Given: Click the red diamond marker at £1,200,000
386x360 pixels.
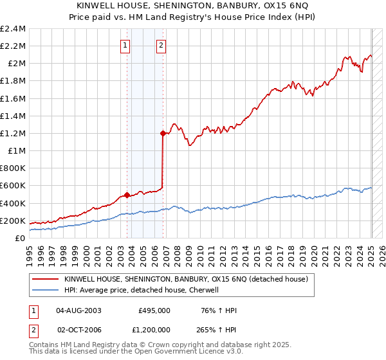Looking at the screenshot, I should (x=163, y=134).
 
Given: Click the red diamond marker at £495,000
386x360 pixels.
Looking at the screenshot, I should (x=127, y=195).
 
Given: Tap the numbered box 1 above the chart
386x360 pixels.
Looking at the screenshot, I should (x=124, y=45).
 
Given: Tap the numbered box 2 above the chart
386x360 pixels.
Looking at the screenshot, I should (x=160, y=45).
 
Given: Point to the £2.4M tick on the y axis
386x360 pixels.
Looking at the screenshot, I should (x=13, y=29).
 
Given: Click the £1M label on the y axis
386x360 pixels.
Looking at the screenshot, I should (x=17, y=151).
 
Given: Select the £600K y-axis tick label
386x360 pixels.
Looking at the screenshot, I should (x=14, y=186).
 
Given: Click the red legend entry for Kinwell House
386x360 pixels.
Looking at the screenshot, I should (x=187, y=279).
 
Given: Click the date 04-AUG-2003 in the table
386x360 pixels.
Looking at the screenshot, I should (x=78, y=310).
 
